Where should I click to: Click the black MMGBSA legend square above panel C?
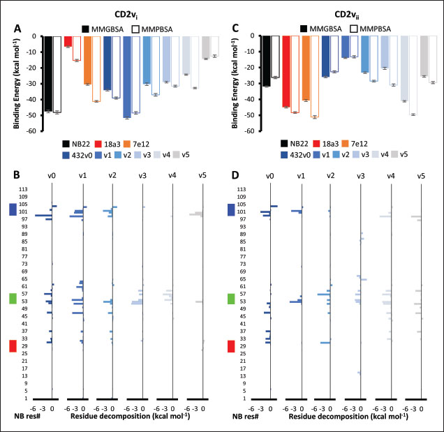pos(305,29)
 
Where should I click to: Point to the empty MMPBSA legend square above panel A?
pos(135,29)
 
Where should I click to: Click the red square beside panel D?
pos(232,346)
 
